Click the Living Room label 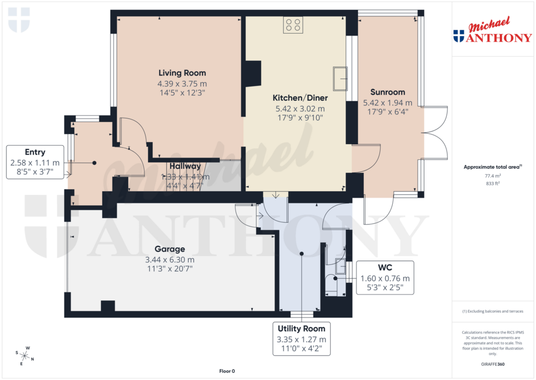pyautogui.click(x=182, y=73)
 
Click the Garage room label pyautogui.click(x=169, y=249)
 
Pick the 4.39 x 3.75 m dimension pyautogui.click(x=182, y=83)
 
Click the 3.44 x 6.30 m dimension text pyautogui.click(x=169, y=259)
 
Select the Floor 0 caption pyautogui.click(x=227, y=371)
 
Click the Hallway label pyautogui.click(x=185, y=166)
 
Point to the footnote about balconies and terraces pyautogui.click(x=493, y=311)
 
